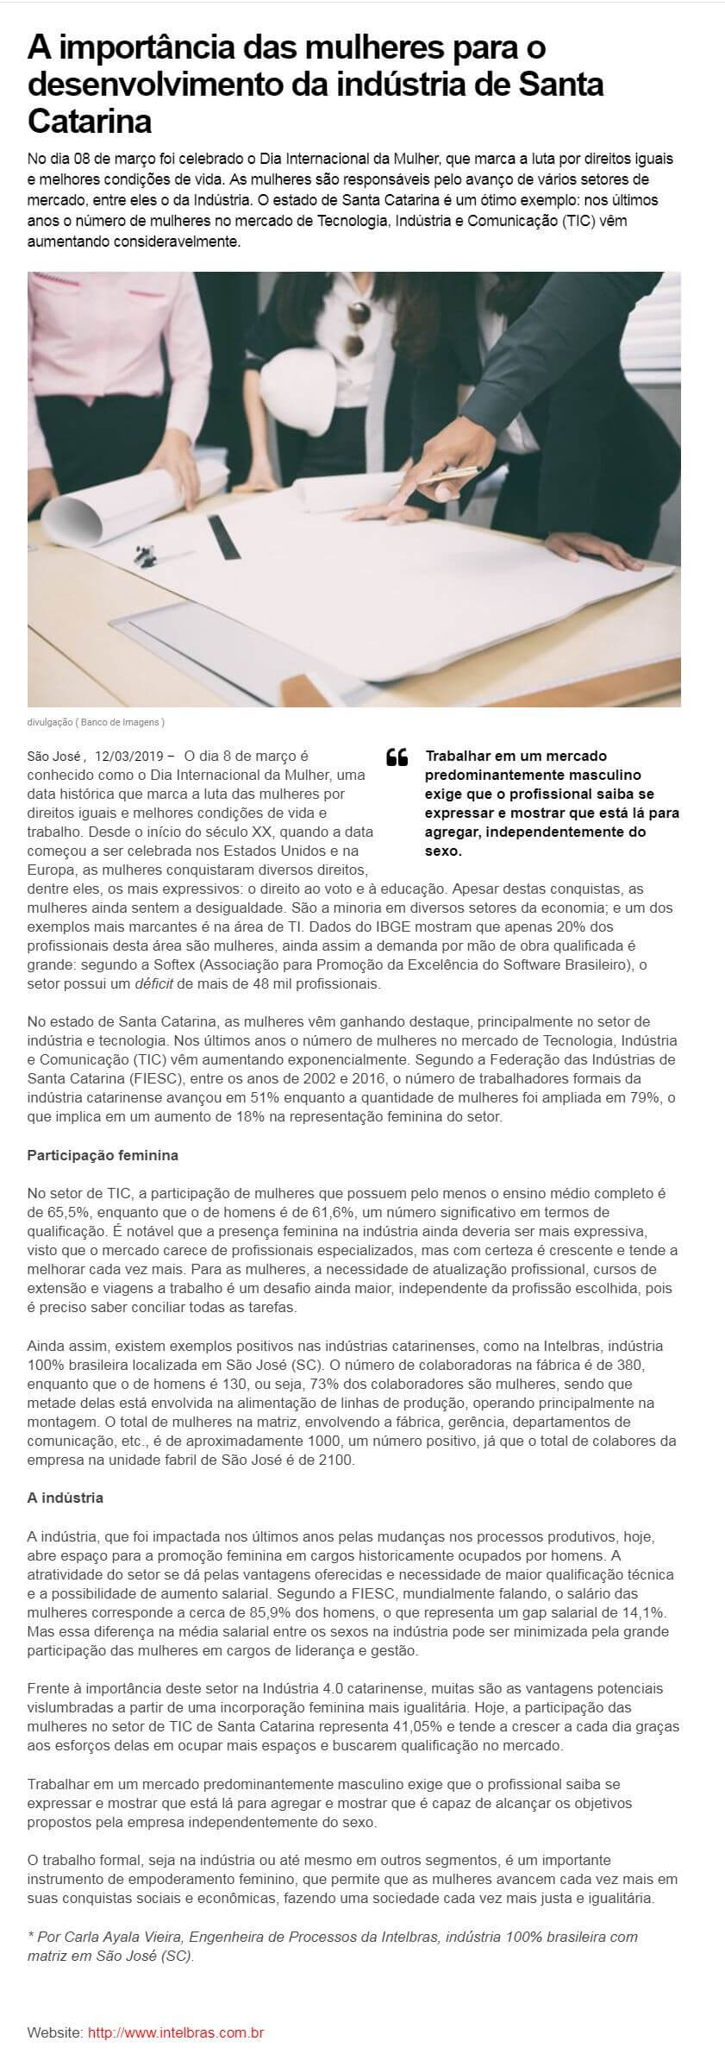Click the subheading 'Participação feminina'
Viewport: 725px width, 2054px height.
pos(103,1155)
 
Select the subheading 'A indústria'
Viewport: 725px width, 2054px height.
pos(66,1498)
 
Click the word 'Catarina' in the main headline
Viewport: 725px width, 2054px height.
pos(90,122)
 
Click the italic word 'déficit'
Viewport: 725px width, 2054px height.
pos(156,983)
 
